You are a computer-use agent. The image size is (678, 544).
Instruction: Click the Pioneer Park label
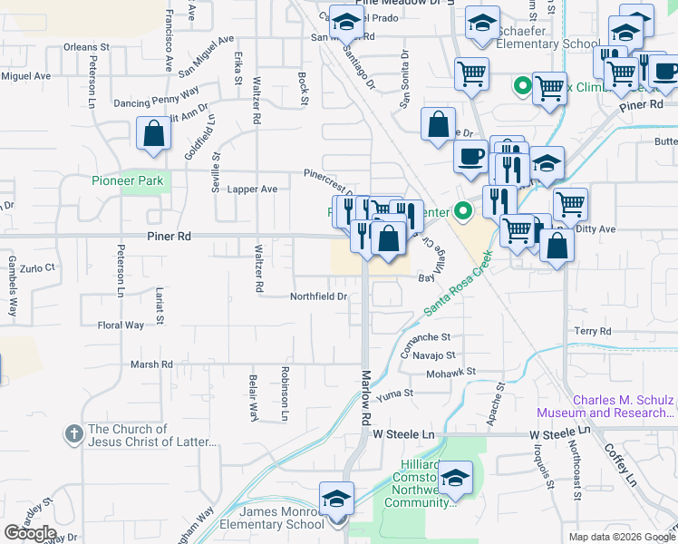(x=127, y=180)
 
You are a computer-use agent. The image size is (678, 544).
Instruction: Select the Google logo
(x=30, y=533)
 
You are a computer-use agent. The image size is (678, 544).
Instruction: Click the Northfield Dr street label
(x=318, y=296)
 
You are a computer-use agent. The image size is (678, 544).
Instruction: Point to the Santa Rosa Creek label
(x=462, y=292)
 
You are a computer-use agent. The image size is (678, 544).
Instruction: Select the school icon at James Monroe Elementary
(x=336, y=499)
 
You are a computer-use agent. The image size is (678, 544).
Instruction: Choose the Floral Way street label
(x=121, y=325)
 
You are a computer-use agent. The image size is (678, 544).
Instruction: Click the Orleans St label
(x=86, y=46)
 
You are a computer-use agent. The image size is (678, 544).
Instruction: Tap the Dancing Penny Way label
(x=156, y=97)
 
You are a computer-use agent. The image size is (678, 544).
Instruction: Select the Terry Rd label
(x=592, y=332)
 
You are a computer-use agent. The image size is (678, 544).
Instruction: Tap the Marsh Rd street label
(x=151, y=364)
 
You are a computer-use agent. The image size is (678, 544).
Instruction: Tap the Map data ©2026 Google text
(x=622, y=537)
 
